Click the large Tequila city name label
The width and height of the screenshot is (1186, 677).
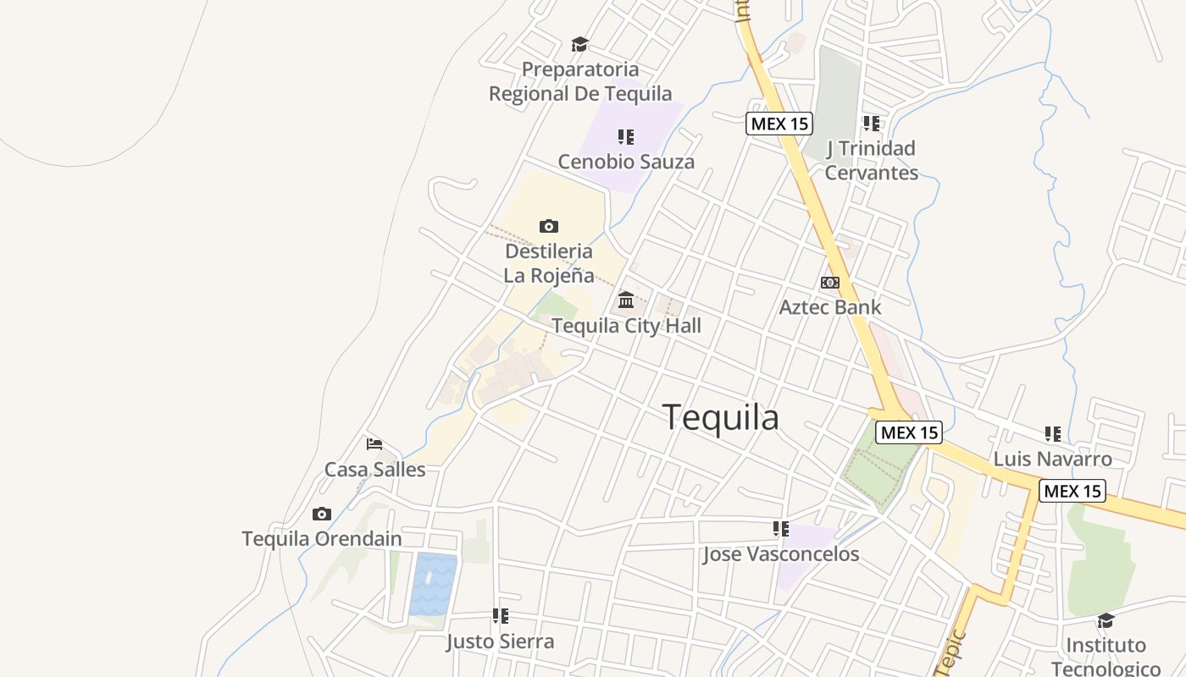pyautogui.click(x=720, y=418)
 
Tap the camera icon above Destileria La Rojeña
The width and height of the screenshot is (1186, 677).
pyautogui.click(x=549, y=226)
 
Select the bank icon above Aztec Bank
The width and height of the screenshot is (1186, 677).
pyautogui.click(x=829, y=283)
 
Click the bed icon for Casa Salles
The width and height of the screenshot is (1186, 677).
pyautogui.click(x=374, y=443)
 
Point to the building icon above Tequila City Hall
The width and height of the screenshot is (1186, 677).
pyautogui.click(x=626, y=300)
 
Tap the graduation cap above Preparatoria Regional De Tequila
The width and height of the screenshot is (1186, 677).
pyautogui.click(x=579, y=44)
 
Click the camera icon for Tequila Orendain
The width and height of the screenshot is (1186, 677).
pyautogui.click(x=321, y=514)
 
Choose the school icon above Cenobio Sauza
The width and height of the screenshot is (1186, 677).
pyautogui.click(x=626, y=137)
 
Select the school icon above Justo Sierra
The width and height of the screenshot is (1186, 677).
pyautogui.click(x=500, y=616)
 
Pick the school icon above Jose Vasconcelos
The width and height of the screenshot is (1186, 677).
pyautogui.click(x=780, y=529)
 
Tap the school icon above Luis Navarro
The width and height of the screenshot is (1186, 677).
pyautogui.click(x=1052, y=434)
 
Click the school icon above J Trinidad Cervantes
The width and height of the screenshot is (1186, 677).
pyautogui.click(x=871, y=124)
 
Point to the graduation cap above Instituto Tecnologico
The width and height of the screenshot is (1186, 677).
pyautogui.click(x=1105, y=621)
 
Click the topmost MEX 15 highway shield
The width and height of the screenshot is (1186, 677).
pyautogui.click(x=779, y=124)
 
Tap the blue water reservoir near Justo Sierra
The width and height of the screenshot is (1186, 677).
pyautogui.click(x=433, y=584)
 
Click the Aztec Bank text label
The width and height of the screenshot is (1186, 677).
pyautogui.click(x=829, y=307)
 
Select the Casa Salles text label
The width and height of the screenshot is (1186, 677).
pyautogui.click(x=374, y=469)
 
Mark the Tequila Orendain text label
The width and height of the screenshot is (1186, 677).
pyautogui.click(x=321, y=539)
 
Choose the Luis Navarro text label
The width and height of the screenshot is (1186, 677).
pyautogui.click(x=1052, y=460)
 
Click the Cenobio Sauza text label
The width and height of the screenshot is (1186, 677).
pyautogui.click(x=626, y=162)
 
